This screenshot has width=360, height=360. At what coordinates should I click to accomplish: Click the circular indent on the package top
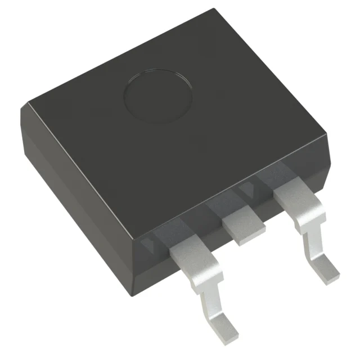tap(158, 96)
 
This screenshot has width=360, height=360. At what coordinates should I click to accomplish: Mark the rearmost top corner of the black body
tap(215, 10)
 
